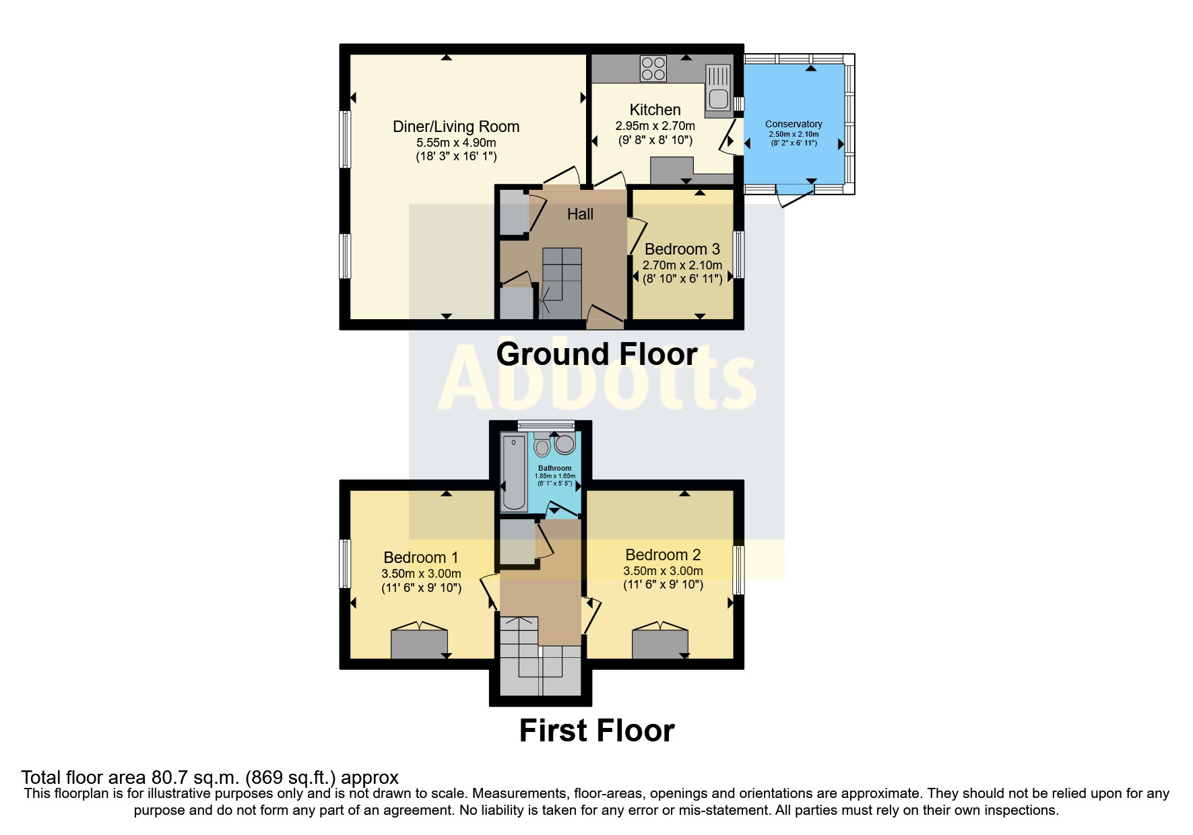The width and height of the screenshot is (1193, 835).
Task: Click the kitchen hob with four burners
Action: click(653, 69)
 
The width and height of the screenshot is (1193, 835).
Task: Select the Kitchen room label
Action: click(655, 110)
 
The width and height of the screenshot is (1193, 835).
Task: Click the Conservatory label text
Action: click(794, 124)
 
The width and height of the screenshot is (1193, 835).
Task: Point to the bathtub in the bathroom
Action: click(514, 472)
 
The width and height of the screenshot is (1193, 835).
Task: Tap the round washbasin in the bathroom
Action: click(565, 444)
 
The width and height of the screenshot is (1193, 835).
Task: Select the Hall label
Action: click(580, 214)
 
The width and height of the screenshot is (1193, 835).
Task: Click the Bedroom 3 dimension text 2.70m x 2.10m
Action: click(682, 265)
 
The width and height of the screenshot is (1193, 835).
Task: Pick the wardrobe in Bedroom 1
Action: click(419, 644)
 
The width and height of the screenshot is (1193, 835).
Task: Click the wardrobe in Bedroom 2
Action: click(660, 644)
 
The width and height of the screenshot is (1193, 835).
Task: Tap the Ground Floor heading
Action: click(596, 354)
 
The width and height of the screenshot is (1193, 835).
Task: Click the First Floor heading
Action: click(596, 731)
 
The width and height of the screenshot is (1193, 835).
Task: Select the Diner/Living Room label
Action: click(456, 127)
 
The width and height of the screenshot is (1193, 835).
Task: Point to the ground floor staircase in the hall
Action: click(562, 283)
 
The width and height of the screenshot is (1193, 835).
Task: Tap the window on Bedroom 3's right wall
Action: click(739, 255)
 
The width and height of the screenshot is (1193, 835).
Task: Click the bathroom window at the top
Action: click(546, 425)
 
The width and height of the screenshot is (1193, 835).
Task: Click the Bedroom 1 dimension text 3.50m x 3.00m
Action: click(421, 574)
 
